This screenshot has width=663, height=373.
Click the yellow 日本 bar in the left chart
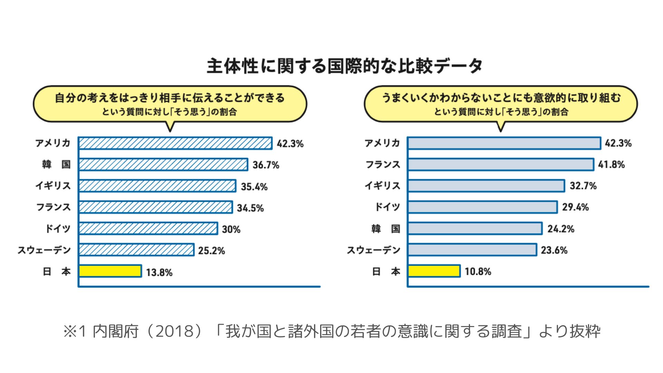[x=110, y=271]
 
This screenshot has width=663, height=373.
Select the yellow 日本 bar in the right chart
[x=434, y=271]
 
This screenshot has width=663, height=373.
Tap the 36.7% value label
[x=266, y=165]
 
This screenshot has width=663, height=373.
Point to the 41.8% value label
[x=611, y=164]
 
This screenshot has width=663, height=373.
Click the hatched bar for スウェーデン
[x=136, y=250]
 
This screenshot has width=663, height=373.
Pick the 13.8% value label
[x=159, y=272]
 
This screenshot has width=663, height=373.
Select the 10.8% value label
[x=478, y=271]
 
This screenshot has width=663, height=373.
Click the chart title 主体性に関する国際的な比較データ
[x=344, y=66]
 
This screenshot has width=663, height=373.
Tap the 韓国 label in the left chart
[x=56, y=164]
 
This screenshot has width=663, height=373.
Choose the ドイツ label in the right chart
[x=387, y=207]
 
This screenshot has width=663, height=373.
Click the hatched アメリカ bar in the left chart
[x=175, y=143]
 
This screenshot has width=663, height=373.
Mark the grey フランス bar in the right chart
[x=501, y=164]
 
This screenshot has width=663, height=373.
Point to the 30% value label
[x=231, y=229]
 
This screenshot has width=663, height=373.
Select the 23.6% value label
[x=554, y=250]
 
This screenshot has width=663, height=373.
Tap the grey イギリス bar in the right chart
[x=486, y=186]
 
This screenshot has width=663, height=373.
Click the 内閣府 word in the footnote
[x=116, y=331]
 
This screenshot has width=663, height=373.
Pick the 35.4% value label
[x=254, y=187]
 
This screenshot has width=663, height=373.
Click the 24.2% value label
[x=561, y=229]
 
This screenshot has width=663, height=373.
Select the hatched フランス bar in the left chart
[x=155, y=207]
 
